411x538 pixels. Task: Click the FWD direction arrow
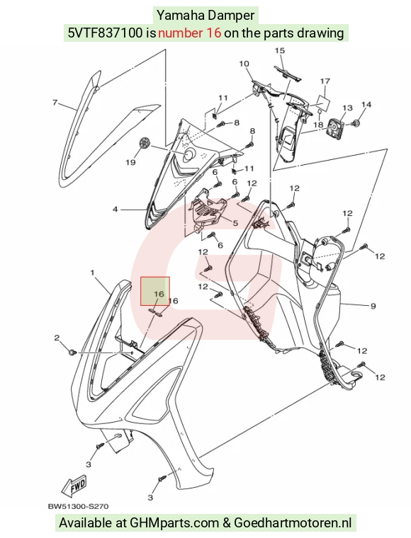tap(74, 486)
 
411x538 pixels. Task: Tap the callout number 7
tap(55, 102)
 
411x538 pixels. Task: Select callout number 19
tap(130, 162)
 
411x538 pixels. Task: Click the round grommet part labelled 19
tap(145, 143)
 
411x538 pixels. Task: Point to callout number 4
tap(115, 209)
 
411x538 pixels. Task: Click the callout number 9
tap(373, 306)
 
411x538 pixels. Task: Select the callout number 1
tap(92, 273)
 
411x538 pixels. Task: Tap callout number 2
tap(57, 338)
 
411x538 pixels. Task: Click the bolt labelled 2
tap(72, 352)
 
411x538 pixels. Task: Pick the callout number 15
tap(280, 50)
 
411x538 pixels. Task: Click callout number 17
tap(325, 81)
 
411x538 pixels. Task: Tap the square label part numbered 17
tap(323, 102)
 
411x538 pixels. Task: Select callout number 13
tap(347, 108)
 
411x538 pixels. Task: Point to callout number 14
tap(366, 104)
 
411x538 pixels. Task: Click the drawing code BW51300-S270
tap(78, 506)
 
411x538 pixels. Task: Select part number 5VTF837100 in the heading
tap(105, 33)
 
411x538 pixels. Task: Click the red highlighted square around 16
tap(155, 291)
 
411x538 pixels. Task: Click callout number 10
tap(244, 64)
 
